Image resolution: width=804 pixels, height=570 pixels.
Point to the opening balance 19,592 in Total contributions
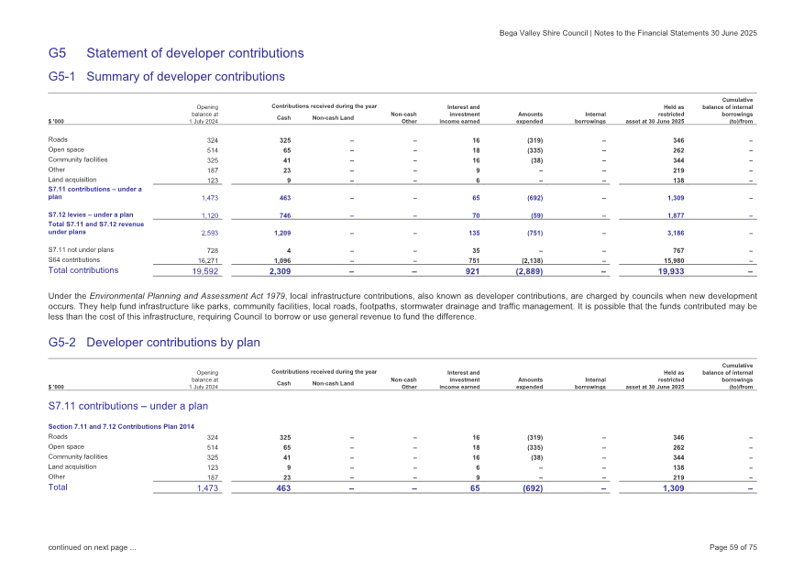(199, 271)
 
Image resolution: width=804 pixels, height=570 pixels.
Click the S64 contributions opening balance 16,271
(204, 259)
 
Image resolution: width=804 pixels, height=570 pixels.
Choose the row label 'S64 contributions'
(75, 259)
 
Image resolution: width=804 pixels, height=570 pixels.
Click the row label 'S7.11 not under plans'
(81, 248)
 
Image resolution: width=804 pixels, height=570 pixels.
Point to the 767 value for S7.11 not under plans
(677, 248)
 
